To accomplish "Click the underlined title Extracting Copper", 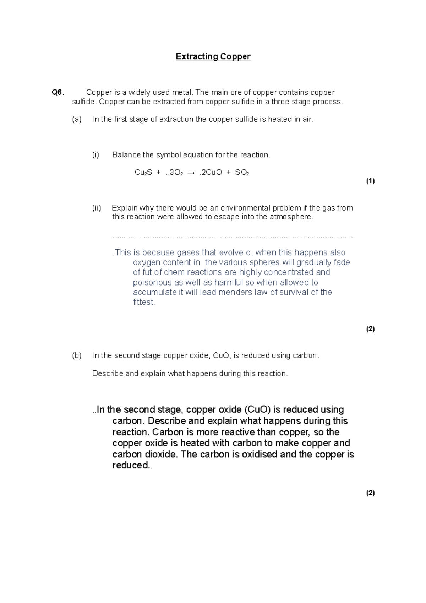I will (x=213, y=56).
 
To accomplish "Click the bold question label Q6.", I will (x=58, y=93).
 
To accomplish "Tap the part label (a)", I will (x=77, y=119).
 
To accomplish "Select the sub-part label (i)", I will (x=95, y=155).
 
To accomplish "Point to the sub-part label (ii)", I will (x=97, y=208).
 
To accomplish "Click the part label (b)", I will (x=77, y=355).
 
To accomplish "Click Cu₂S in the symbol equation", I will (x=143, y=173).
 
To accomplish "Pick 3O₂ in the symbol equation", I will (x=176, y=173).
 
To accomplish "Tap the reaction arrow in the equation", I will (x=191, y=173).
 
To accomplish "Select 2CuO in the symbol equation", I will (x=212, y=173).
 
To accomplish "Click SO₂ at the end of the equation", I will (x=242, y=173).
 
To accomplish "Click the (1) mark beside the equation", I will (x=370, y=181).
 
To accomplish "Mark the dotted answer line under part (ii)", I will (x=233, y=236).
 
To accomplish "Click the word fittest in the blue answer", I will (x=144, y=302).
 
